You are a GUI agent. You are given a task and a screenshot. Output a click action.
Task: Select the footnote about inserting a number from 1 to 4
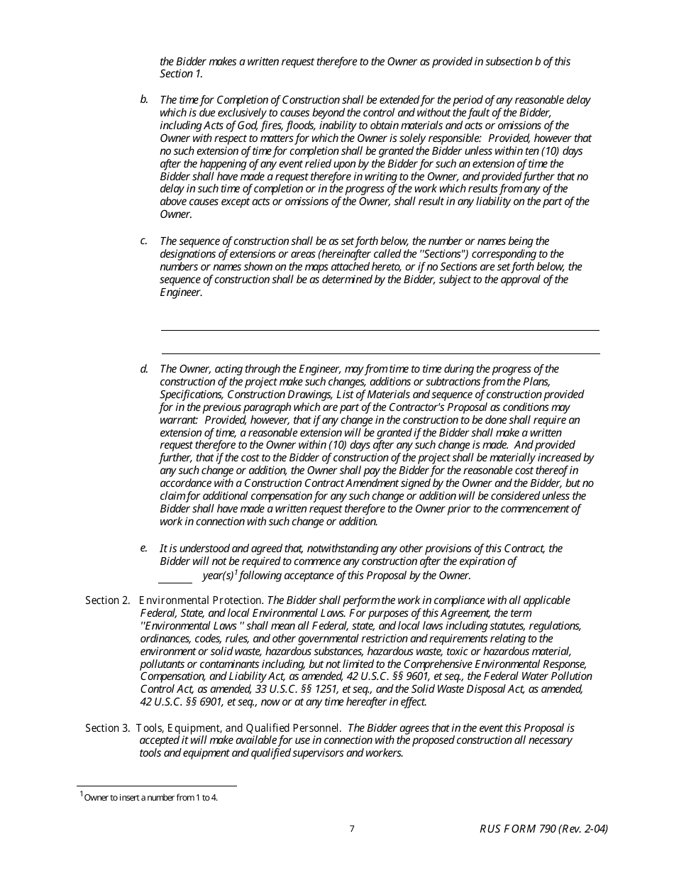[150, 797]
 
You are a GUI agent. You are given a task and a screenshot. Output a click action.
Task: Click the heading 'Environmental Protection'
[201, 600]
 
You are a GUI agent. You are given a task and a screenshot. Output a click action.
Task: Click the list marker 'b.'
[144, 99]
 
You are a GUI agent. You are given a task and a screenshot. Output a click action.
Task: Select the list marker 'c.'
[144, 241]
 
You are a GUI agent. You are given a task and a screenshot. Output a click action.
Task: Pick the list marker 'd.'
[144, 368]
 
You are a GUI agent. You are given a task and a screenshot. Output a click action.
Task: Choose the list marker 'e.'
[144, 548]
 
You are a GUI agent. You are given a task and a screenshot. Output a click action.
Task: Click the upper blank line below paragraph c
[380, 329]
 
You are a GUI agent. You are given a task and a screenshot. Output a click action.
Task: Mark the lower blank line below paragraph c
[380, 353]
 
